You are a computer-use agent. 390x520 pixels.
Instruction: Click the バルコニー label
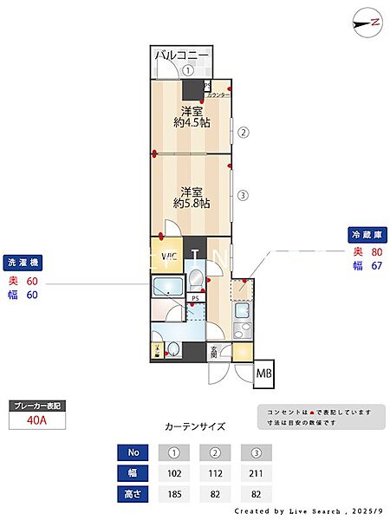181,55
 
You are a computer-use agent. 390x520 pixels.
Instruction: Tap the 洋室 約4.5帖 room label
192,116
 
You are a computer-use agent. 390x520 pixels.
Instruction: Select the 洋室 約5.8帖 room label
192,197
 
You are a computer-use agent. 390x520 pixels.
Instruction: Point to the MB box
264,374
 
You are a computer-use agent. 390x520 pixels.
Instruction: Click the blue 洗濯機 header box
23,263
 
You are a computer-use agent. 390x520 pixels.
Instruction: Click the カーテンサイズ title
195,426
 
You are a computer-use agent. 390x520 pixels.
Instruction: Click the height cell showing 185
174,493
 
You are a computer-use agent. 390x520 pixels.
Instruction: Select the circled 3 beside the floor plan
244,195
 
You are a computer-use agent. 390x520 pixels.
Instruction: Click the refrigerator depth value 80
376,252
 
